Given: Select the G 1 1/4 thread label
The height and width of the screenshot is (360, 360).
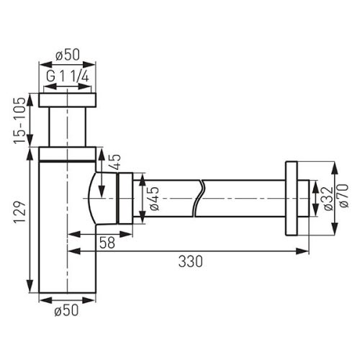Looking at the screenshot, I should (69, 76).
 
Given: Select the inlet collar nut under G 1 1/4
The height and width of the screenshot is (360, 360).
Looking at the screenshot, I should (69, 99).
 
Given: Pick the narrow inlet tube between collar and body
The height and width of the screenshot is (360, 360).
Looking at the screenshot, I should (69, 126).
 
